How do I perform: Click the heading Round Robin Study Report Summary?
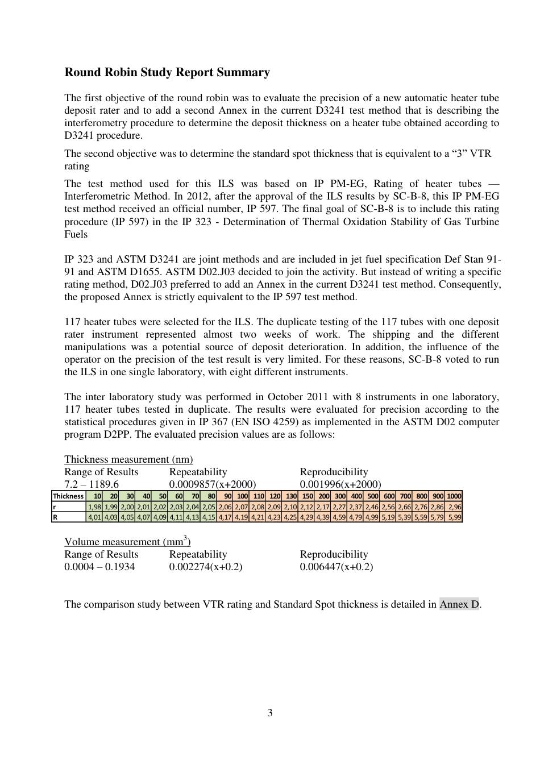(167, 72)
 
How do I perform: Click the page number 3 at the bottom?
(270, 713)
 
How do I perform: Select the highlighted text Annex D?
(459, 604)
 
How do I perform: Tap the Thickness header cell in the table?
(68, 496)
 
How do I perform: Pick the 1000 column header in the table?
(454, 496)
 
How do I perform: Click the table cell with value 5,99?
(454, 517)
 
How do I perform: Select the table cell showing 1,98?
(94, 507)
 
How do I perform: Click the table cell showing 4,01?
(94, 517)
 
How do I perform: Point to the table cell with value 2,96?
(454, 507)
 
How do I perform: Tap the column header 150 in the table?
(307, 496)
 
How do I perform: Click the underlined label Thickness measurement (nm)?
(128, 459)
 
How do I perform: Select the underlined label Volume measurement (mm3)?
(127, 542)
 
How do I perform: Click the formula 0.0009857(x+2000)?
(213, 484)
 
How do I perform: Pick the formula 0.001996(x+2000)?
(340, 484)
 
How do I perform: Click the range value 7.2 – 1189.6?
(92, 484)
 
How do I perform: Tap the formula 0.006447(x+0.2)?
(337, 567)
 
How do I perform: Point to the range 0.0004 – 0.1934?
(99, 567)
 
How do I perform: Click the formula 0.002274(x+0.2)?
(206, 567)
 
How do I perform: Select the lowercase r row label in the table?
(55, 507)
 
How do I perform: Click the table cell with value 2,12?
(307, 507)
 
